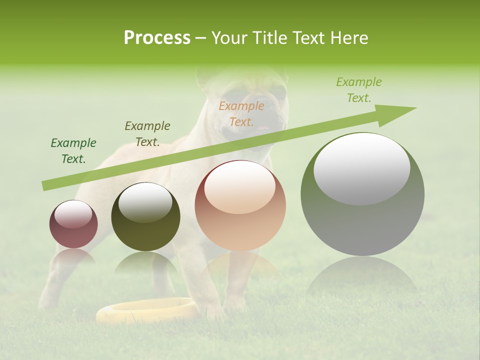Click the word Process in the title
(x=157, y=38)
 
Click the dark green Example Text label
(x=73, y=151)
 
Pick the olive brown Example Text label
(x=147, y=134)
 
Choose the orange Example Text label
(x=241, y=113)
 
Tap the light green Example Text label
(x=358, y=90)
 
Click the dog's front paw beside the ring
(x=215, y=312)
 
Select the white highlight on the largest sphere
(x=361, y=167)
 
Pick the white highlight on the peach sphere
(x=240, y=187)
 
